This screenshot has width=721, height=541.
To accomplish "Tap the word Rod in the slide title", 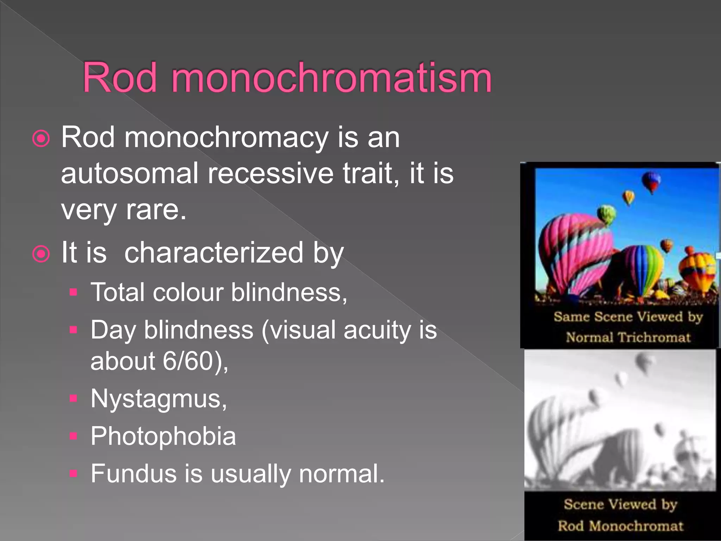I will point(120,78).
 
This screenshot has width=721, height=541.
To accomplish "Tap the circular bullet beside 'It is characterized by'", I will point(41,254).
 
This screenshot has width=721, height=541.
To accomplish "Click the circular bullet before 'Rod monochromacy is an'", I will point(41,138).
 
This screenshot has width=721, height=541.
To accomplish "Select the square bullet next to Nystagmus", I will point(73,398).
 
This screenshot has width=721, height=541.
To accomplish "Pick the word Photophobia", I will point(163,436).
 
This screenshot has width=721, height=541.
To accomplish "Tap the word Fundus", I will point(133,473).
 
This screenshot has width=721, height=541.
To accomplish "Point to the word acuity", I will point(377,330).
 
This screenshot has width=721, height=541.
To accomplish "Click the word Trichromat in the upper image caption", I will point(654,337).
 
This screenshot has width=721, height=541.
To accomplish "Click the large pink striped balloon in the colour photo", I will point(574,254).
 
